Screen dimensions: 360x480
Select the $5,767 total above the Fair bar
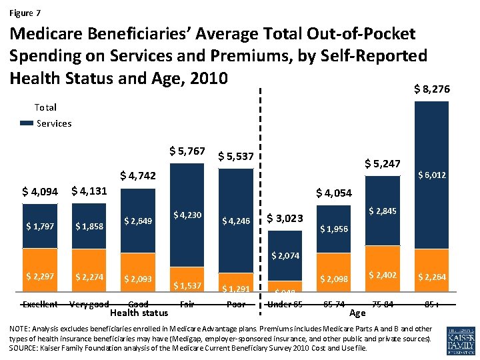click(187, 151)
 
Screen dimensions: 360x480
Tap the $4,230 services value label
click(187, 215)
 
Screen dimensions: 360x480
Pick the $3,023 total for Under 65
click(285, 218)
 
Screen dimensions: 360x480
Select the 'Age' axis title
click(357, 313)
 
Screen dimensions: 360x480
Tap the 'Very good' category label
click(89, 305)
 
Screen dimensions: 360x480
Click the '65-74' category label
click(333, 305)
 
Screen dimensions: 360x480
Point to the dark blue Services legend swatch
click(26, 123)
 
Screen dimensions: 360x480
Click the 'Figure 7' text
click(25, 13)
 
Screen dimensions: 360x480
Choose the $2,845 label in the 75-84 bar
click(383, 211)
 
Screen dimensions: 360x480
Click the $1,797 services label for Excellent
click(39, 226)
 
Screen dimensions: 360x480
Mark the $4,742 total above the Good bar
click(138, 176)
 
